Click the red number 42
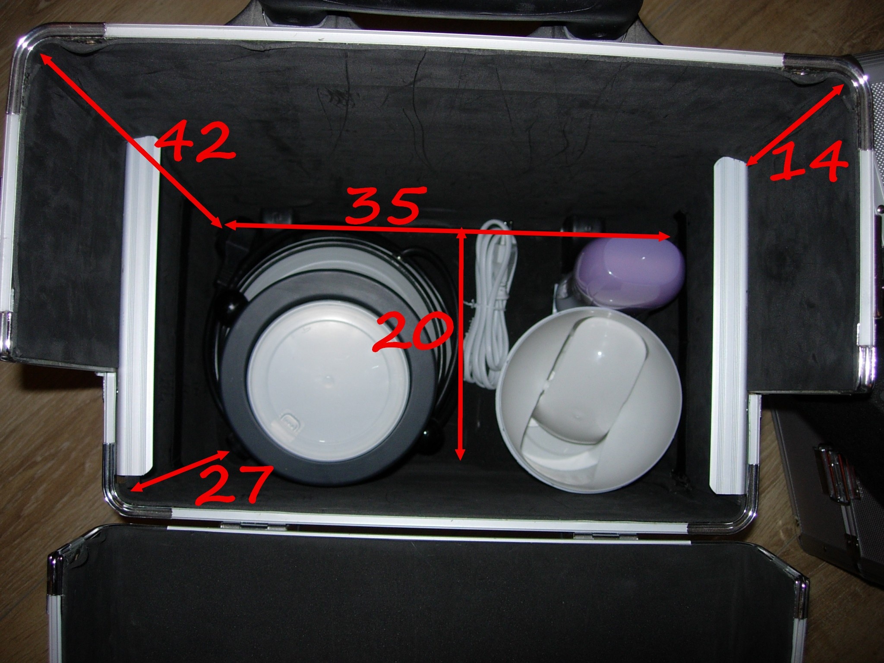click(196, 140)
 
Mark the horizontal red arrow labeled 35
click(447, 230)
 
